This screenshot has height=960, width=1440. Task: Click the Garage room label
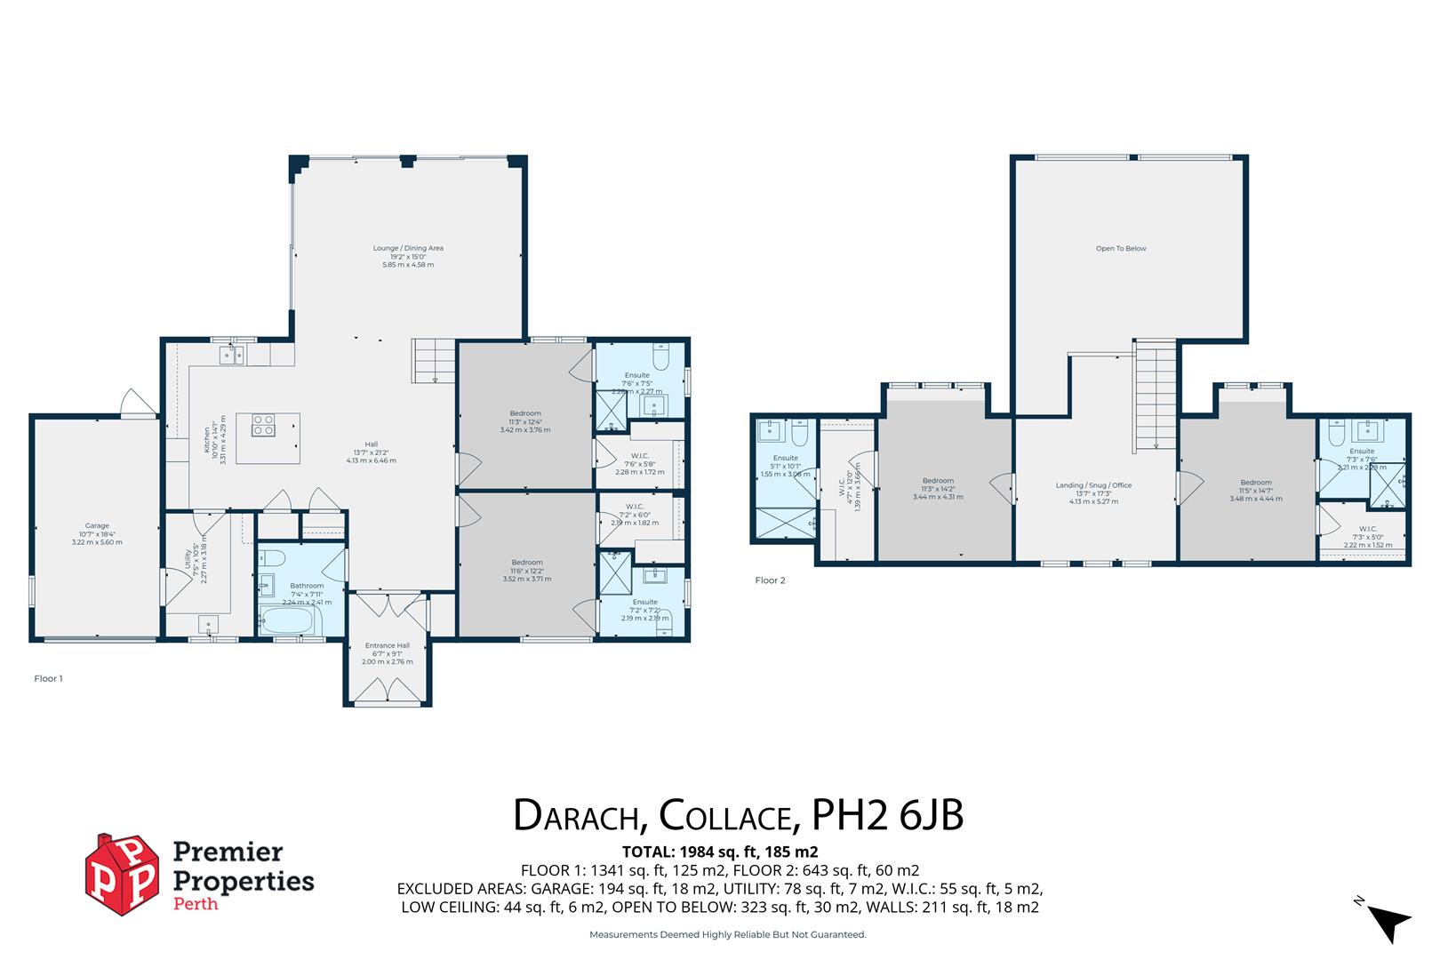click(x=97, y=526)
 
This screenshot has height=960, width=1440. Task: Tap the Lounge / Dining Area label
click(x=408, y=249)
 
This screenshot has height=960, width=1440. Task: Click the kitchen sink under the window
click(x=233, y=356)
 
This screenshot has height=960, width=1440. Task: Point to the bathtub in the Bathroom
click(x=286, y=620)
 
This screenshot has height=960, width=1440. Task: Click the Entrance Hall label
click(x=388, y=646)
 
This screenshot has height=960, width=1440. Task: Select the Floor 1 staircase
click(x=435, y=361)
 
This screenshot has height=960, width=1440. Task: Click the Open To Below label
click(x=1121, y=249)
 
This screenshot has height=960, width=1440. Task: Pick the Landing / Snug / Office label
click(x=1093, y=485)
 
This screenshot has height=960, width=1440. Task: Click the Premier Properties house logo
click(x=124, y=874)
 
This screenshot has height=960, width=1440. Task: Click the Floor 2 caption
click(x=770, y=580)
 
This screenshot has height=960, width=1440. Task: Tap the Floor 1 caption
click(x=48, y=678)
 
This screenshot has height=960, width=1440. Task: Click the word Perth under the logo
click(x=194, y=905)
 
